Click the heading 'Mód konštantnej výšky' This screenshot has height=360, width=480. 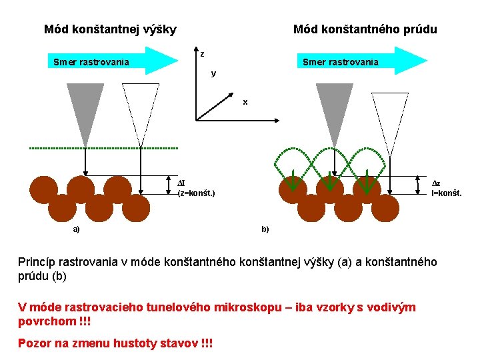point(110,29)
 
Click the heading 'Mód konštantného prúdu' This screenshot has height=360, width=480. point(365,29)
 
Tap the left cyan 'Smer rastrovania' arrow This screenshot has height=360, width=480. point(107,62)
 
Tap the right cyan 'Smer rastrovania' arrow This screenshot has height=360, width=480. point(360,62)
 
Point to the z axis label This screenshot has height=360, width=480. point(202,54)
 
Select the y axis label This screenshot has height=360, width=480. point(213,73)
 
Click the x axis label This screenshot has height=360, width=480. point(245,102)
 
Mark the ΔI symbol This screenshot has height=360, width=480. point(181,183)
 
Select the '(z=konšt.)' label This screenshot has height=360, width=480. point(196,193)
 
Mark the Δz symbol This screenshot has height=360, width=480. point(437,183)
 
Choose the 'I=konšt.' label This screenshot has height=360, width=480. point(446,193)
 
